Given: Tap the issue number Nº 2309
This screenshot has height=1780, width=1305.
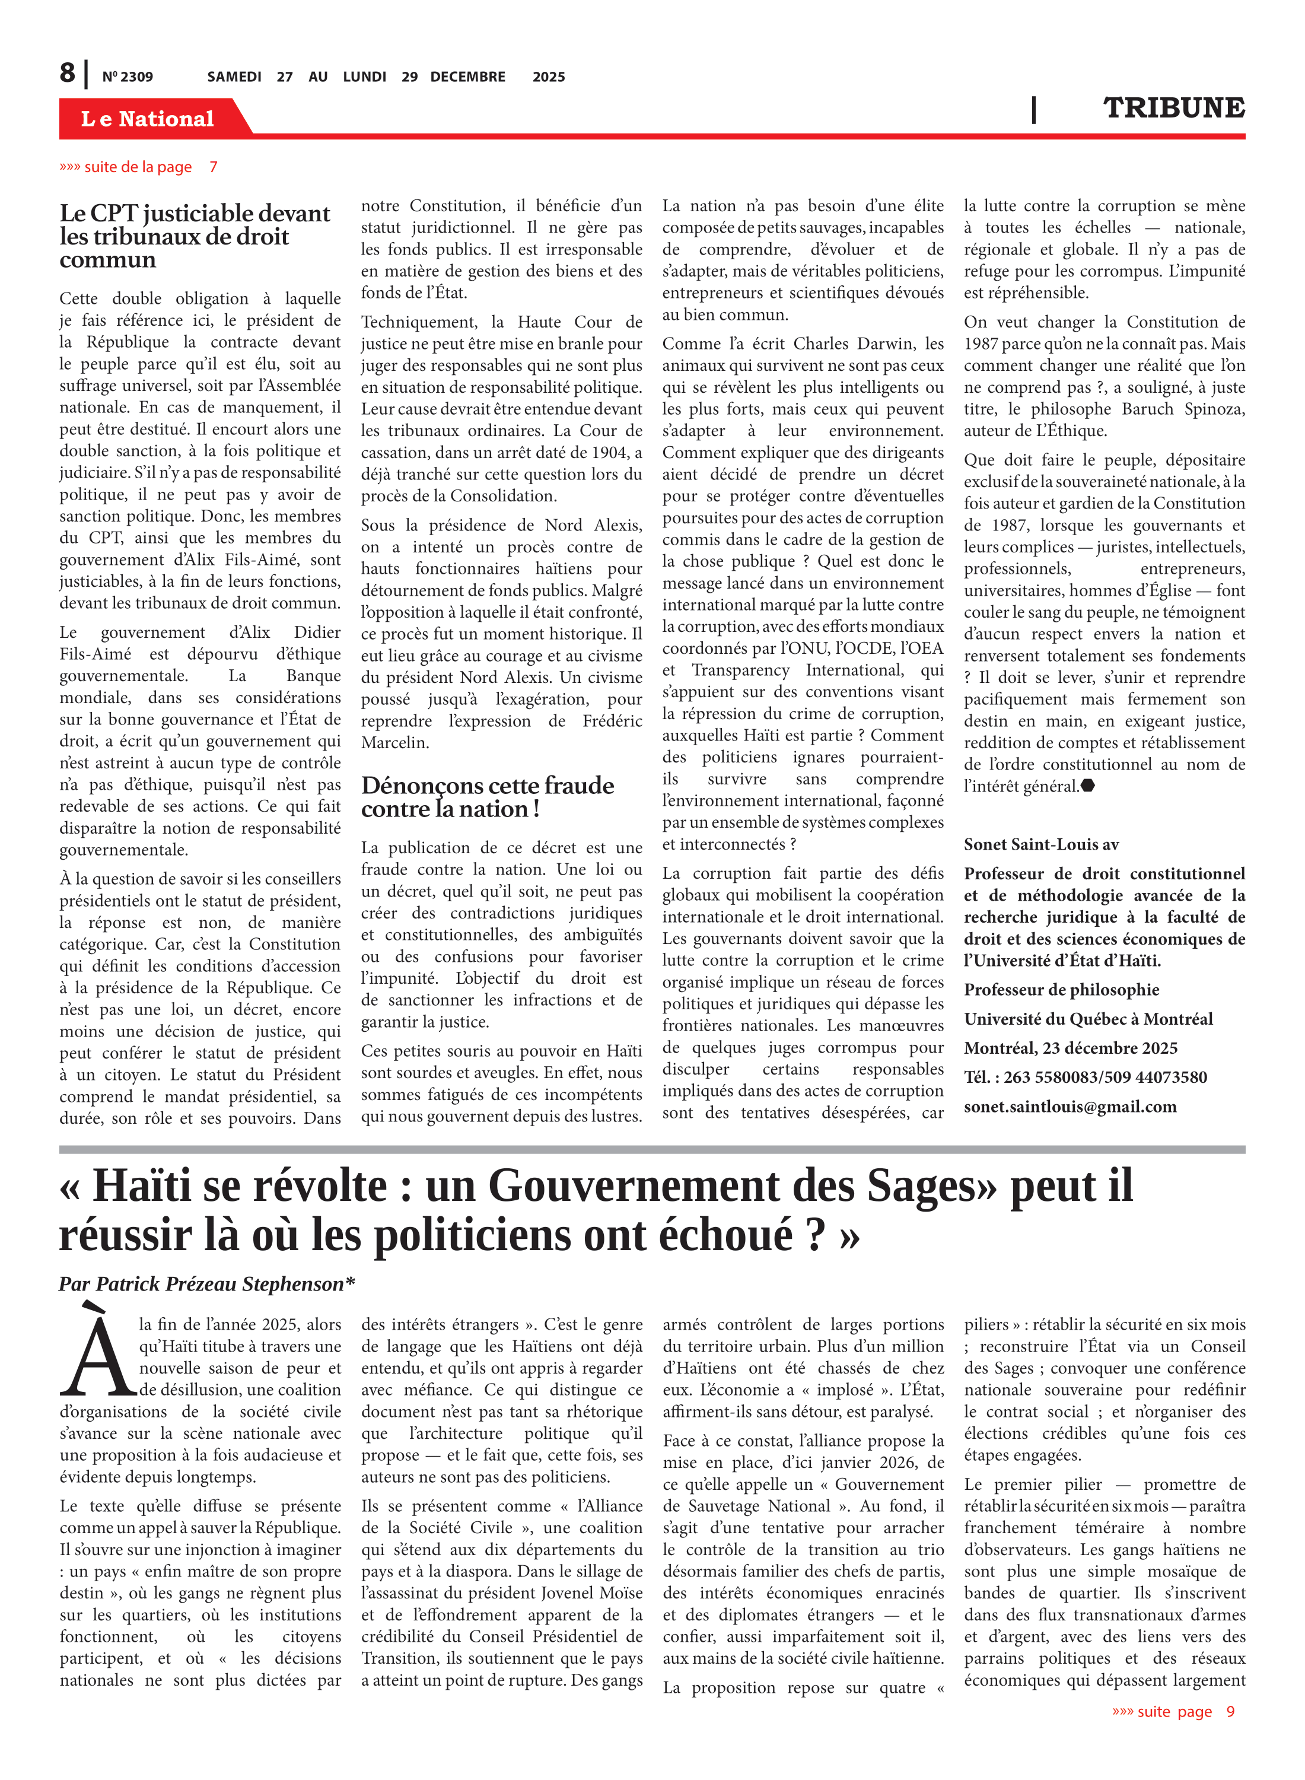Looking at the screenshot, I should pos(127,77).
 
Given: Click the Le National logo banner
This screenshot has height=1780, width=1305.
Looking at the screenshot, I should pos(148,119).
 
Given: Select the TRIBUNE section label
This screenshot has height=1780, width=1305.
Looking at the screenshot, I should pos(1173,108).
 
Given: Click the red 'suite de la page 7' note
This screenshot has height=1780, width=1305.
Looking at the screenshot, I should pos(138,167).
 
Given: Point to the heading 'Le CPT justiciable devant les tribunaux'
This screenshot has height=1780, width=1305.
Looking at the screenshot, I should pos(195,236).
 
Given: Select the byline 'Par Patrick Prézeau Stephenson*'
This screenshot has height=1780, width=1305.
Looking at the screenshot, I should pos(206,1284).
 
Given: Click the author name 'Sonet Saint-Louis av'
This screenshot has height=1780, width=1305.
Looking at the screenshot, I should pos(1040,844).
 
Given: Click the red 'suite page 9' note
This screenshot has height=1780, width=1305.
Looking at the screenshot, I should pos(1172,1711).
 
